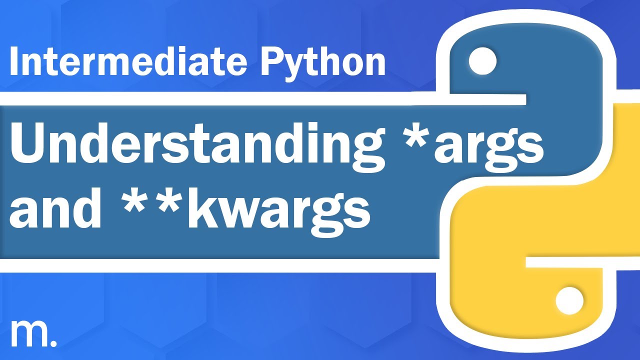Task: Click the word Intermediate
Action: pyautogui.click(x=128, y=62)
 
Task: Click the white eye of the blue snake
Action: pyautogui.click(x=482, y=61)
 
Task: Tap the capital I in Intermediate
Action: pyautogui.click(x=13, y=62)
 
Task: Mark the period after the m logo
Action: pyautogui.click(x=53, y=344)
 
